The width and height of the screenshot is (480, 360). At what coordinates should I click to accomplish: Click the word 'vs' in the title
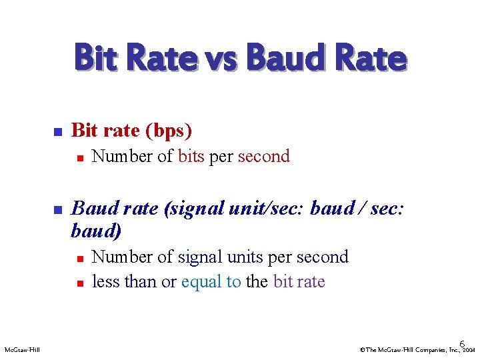[x=219, y=58]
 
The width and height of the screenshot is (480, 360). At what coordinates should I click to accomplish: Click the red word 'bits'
[x=191, y=157]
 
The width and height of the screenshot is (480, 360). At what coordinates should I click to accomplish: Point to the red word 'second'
[x=263, y=157]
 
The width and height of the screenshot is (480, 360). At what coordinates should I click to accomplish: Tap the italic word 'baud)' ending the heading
[x=96, y=231]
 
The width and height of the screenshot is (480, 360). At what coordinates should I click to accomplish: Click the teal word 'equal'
[x=203, y=282]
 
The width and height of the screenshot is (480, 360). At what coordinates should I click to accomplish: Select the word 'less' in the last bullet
[x=105, y=281]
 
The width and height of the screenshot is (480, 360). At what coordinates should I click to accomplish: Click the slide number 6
[x=462, y=342]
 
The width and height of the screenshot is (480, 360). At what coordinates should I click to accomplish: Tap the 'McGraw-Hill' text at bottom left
[x=22, y=349]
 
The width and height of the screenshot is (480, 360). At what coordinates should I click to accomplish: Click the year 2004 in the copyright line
[x=469, y=350]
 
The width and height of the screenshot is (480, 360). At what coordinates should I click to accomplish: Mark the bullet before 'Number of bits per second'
[x=79, y=157]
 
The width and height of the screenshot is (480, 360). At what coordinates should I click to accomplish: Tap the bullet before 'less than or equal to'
[x=79, y=283]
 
